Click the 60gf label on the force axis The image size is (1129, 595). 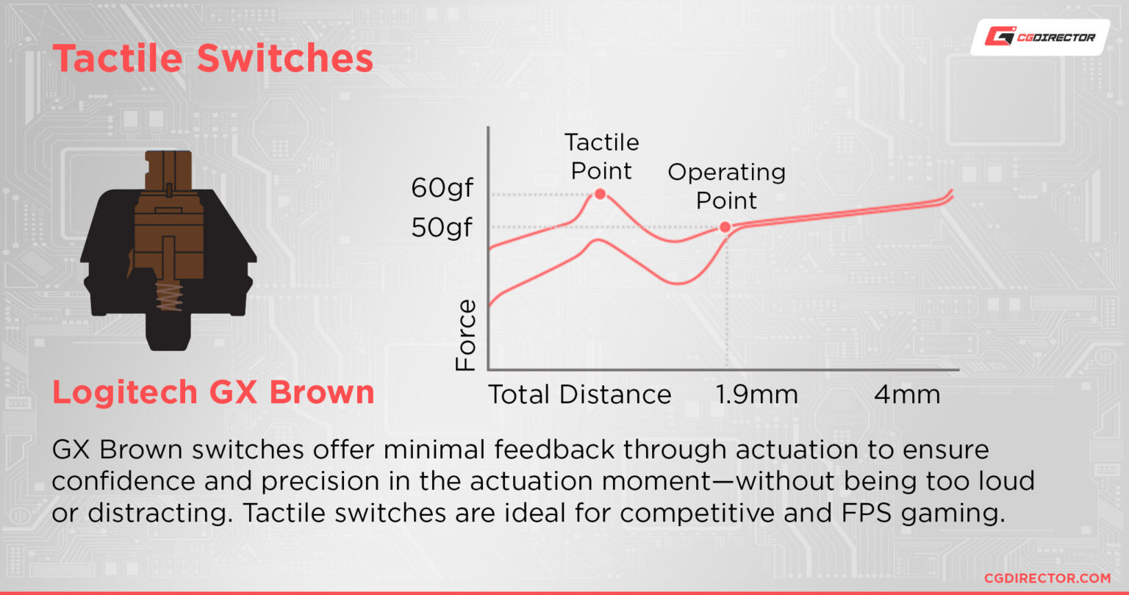tap(442, 189)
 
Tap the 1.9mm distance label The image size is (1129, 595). tap(756, 394)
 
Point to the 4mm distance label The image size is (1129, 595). tap(907, 394)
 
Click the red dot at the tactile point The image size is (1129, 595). tap(600, 194)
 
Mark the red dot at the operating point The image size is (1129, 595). tap(725, 227)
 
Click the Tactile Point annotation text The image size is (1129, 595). tap(601, 156)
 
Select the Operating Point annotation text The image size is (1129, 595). tap(726, 187)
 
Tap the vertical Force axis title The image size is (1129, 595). tap(465, 335)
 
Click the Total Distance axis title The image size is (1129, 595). tap(580, 394)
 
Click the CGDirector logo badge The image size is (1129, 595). tap(1040, 37)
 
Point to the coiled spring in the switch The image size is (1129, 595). tap(169, 296)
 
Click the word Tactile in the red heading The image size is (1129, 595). tap(118, 59)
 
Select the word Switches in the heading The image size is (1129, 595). tap(284, 59)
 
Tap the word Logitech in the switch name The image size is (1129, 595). tap(125, 393)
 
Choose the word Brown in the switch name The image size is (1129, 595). tap(322, 392)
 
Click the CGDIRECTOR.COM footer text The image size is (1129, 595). tap(1047, 578)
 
